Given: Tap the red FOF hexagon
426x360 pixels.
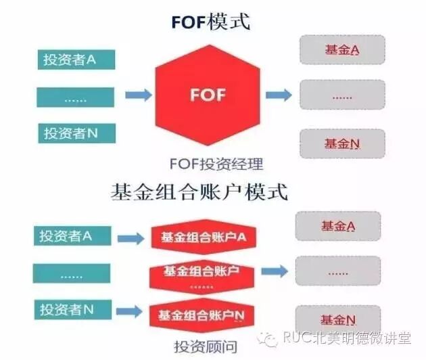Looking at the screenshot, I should point(208,94).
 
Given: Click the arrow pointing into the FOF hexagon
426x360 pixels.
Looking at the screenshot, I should point(138,95).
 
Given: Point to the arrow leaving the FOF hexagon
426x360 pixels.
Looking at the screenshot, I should point(278,95).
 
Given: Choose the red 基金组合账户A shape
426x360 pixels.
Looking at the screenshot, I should point(203,238).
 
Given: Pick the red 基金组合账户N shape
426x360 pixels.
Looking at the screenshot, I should point(201,315).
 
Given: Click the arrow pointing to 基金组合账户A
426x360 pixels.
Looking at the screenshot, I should point(131,238).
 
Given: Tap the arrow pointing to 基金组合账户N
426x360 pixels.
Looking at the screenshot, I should point(131,313).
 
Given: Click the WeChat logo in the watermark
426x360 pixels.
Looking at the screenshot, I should point(270,337).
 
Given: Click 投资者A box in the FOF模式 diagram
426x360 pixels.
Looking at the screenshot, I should point(76,60).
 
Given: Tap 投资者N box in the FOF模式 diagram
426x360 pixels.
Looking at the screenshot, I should point(76,133).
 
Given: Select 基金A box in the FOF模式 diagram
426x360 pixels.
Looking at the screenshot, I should point(341,49).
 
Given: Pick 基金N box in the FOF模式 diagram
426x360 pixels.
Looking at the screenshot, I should point(341,143).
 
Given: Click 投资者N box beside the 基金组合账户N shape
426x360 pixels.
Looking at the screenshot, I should point(70,310).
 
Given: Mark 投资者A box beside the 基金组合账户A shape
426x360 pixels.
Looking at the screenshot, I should point(70,235).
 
